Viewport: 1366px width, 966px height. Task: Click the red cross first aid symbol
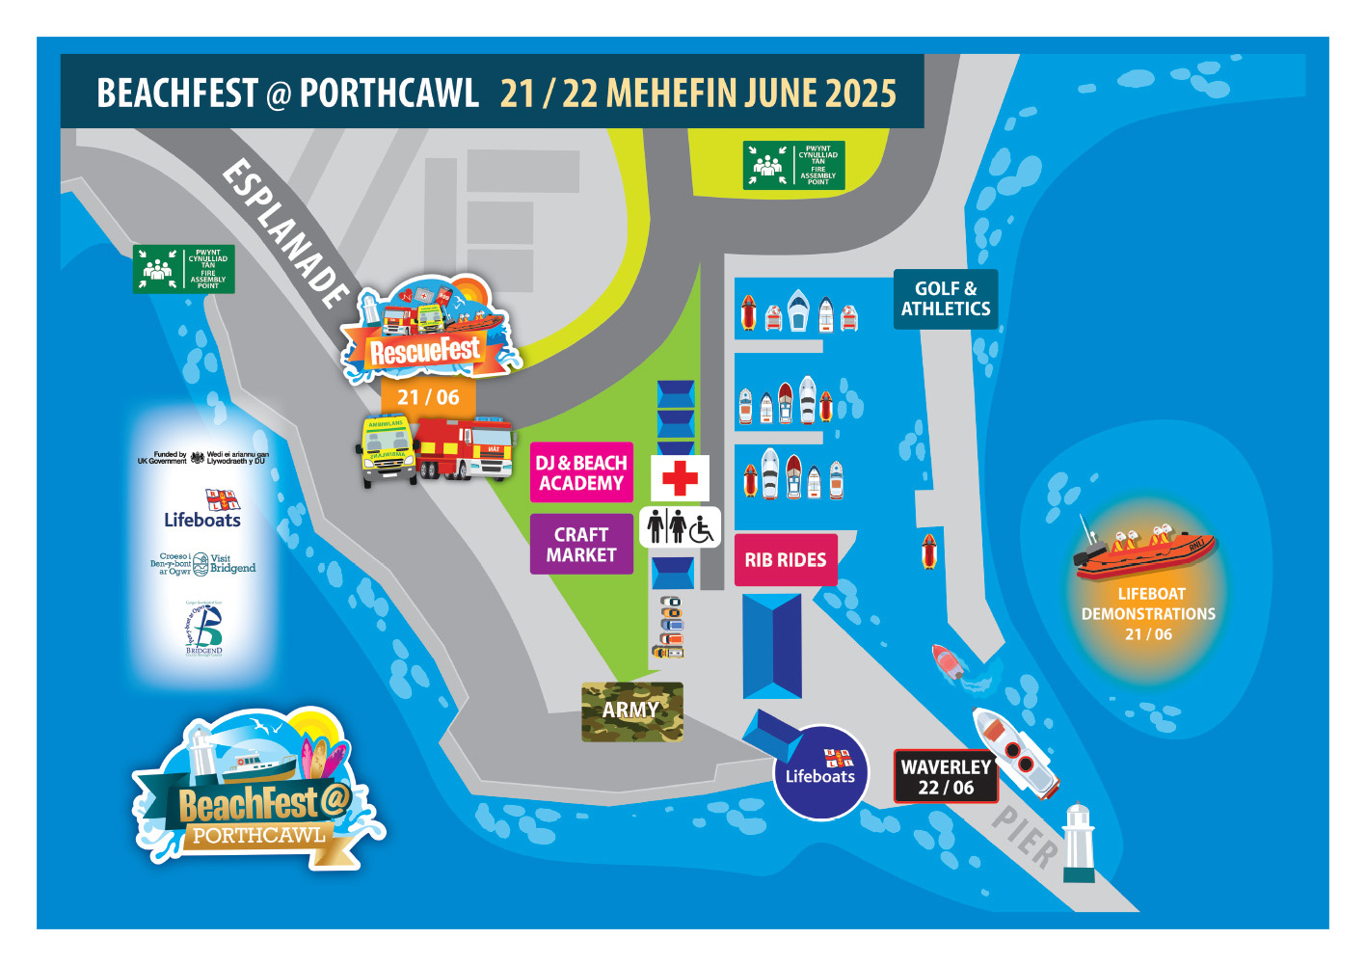tap(680, 477)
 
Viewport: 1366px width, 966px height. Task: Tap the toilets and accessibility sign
tap(680, 526)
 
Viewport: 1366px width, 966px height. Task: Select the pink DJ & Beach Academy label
tap(581, 472)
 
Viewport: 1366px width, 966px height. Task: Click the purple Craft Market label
tap(581, 544)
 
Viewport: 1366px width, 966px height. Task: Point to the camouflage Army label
tap(631, 711)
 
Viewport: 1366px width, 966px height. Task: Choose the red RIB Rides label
tap(785, 560)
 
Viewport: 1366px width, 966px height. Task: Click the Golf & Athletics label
tap(945, 299)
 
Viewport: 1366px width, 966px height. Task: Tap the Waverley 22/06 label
tap(945, 777)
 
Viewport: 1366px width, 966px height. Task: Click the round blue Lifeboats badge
tap(820, 772)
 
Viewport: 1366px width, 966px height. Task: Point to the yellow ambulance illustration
tap(388, 450)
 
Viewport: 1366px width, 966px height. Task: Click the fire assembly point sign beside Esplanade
tap(184, 269)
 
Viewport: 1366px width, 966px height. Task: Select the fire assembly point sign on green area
tap(793, 166)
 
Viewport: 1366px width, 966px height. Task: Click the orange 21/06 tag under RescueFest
tap(428, 397)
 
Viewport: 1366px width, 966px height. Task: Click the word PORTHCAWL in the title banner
tap(388, 94)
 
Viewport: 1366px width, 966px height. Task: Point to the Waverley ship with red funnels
tap(1014, 752)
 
